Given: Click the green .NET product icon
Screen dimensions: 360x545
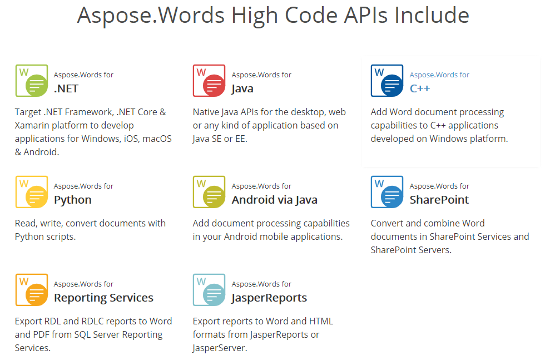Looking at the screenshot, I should tap(32, 81).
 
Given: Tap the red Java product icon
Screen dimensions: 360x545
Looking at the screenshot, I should tap(209, 81).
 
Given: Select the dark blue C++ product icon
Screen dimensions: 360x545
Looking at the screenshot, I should tap(387, 81).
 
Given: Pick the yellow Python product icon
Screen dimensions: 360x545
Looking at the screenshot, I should tap(32, 192).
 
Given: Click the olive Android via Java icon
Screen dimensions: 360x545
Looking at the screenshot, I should tap(209, 192).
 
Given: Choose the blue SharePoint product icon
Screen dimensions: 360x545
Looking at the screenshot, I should tap(387, 192).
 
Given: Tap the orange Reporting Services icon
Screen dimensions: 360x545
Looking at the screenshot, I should tap(32, 290).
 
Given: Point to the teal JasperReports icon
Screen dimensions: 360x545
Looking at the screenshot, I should tap(209, 290).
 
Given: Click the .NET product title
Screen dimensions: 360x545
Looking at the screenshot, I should tap(66, 88).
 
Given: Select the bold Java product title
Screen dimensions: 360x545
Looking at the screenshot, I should tap(242, 88).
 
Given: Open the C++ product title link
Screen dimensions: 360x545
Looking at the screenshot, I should tap(420, 88).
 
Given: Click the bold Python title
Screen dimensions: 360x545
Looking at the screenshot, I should tap(73, 200).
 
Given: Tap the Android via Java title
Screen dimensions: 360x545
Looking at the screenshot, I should tap(275, 200).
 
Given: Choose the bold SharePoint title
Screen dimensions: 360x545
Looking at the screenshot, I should tap(439, 200).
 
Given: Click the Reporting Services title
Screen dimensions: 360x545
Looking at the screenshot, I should tap(103, 298).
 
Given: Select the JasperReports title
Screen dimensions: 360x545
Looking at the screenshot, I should tap(269, 298).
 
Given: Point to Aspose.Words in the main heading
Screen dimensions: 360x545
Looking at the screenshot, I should tap(150, 15).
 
